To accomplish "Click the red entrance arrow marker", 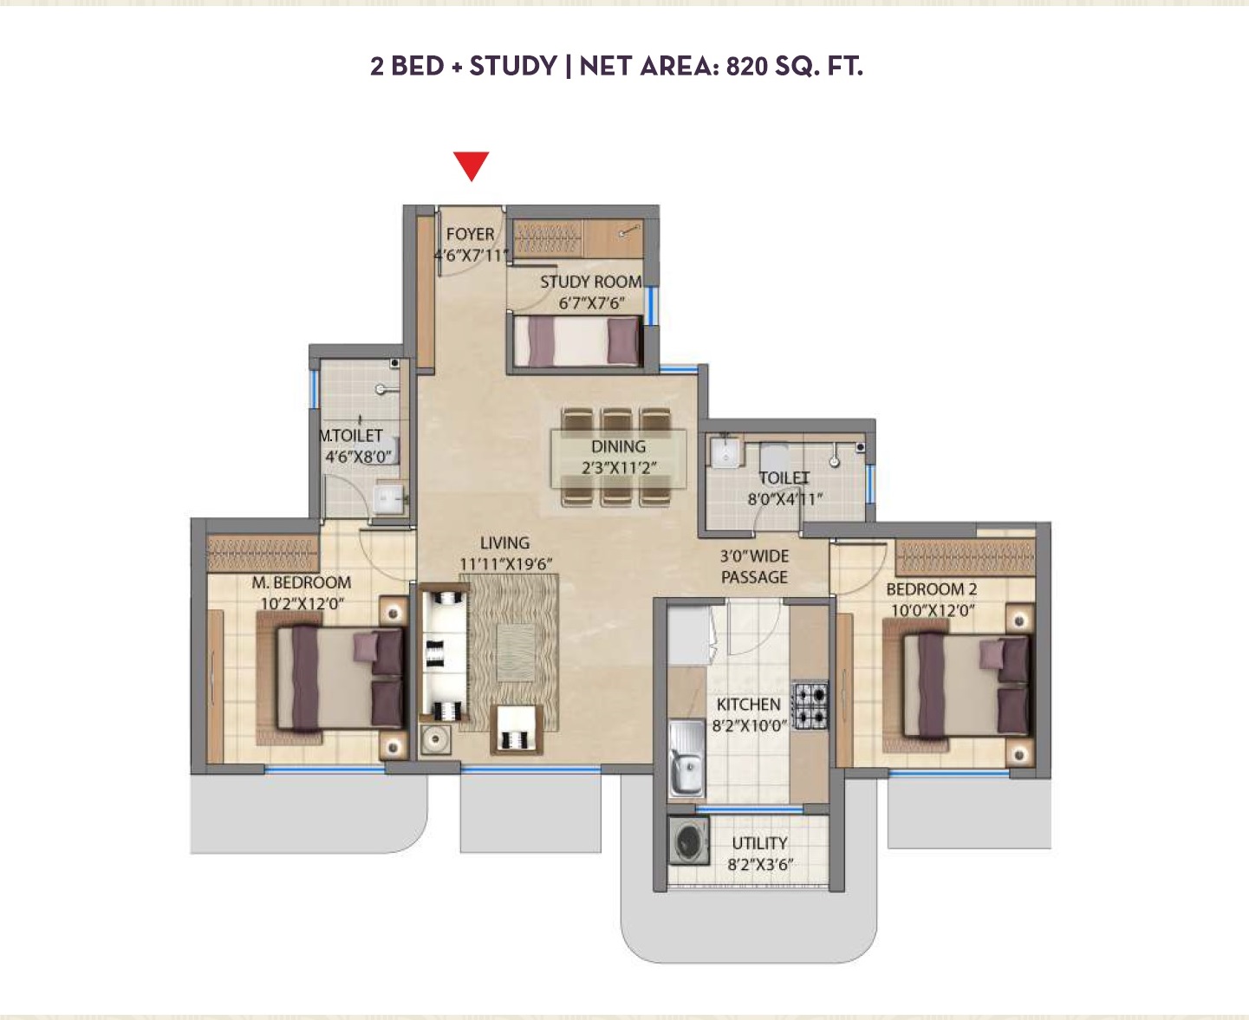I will tap(472, 165).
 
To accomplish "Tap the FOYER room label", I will tap(470, 234).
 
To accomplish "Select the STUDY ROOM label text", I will tap(590, 282).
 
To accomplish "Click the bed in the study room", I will tap(576, 341).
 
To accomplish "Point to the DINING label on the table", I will tap(618, 446).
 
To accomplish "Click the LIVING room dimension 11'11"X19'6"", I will tap(505, 564).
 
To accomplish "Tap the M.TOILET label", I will tap(352, 435).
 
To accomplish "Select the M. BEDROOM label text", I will tap(301, 582).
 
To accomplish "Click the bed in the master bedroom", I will tap(339, 678).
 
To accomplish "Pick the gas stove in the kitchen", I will tap(810, 705).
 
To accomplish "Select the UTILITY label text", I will tap(759, 843).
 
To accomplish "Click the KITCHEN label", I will tap(748, 705).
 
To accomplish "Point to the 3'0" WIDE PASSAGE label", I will tap(754, 567).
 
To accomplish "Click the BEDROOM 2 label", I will tap(931, 589).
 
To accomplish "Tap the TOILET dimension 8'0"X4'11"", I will tap(784, 499).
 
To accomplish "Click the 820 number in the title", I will tap(746, 66).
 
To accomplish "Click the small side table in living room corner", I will tap(435, 739).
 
